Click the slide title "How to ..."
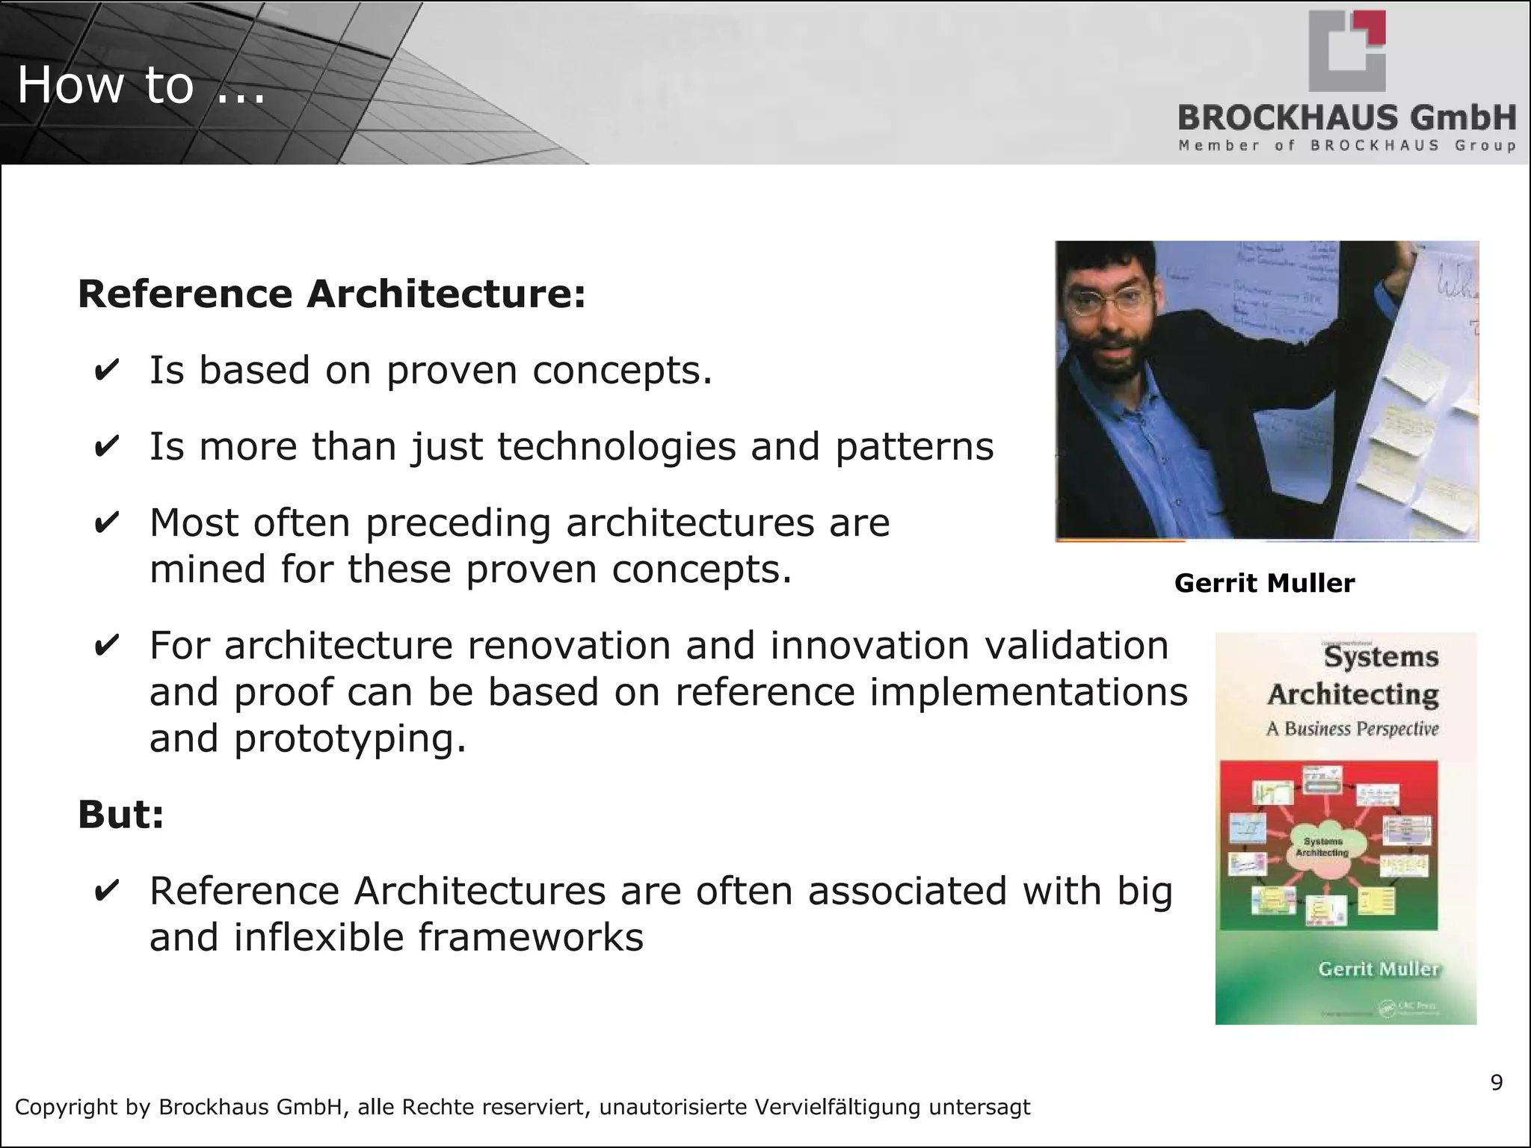coord(141,84)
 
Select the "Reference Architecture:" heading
coord(331,293)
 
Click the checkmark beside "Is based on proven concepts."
coord(106,371)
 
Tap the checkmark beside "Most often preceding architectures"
coord(106,523)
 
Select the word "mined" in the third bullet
coord(208,570)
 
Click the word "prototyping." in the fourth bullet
coord(350,738)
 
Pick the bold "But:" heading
coord(120,814)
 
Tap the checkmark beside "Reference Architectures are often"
coord(106,892)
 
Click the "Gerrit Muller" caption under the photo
coord(1264,583)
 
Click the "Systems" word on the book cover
coord(1381,657)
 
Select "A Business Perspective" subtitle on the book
coord(1352,729)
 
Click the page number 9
coord(1496,1082)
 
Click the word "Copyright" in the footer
coord(65,1107)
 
